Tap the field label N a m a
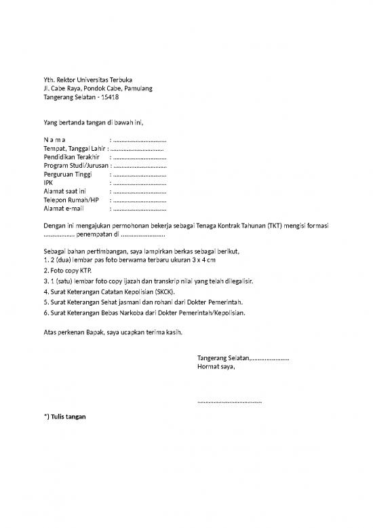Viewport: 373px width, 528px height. [x=54, y=141]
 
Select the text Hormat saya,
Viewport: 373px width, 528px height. [x=216, y=366]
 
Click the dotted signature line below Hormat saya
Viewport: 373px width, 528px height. [x=229, y=402]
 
